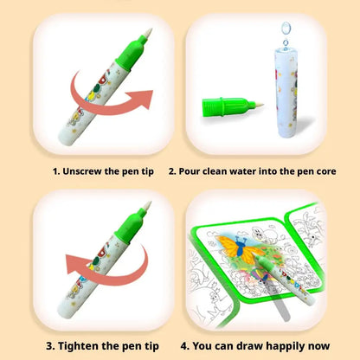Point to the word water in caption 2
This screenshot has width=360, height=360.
[x=249, y=171]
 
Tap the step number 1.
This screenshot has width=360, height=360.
[x=55, y=171]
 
